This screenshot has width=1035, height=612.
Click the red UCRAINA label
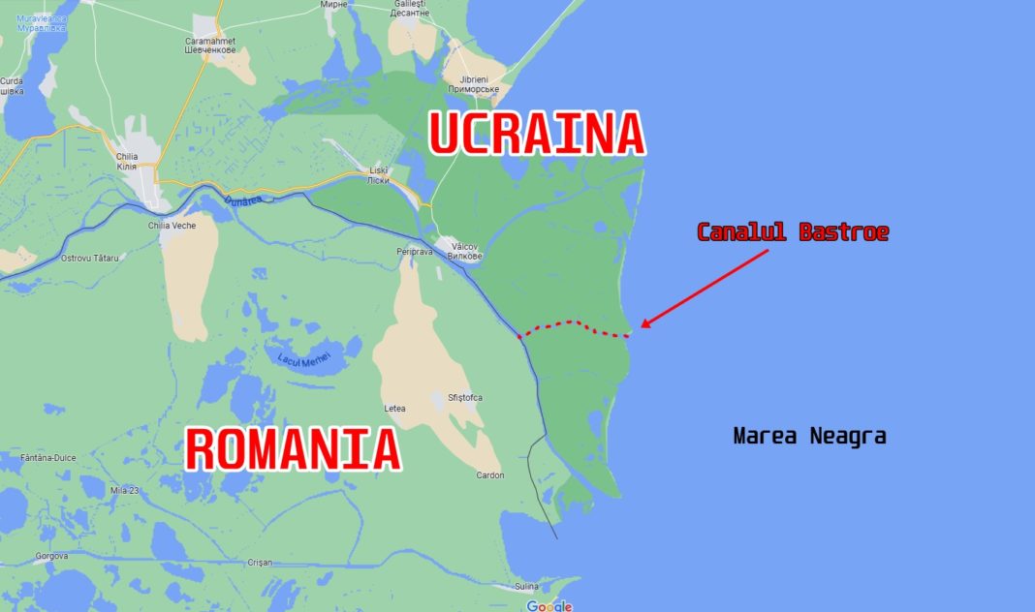(536, 134)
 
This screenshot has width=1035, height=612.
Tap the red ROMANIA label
(293, 450)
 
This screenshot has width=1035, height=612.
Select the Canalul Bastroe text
(793, 232)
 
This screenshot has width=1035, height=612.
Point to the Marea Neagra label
(809, 437)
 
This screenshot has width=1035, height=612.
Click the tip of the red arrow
(641, 327)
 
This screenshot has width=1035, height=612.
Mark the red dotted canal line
(577, 324)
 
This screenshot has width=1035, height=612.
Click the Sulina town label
(525, 587)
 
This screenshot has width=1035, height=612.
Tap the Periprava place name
(414, 252)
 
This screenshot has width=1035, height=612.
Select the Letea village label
(395, 409)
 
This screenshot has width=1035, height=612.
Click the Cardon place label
(490, 475)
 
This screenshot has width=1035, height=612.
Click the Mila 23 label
(126, 490)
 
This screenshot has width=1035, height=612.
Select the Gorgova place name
(50, 557)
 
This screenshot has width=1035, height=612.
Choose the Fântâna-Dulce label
(47, 457)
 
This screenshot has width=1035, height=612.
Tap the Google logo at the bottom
(549, 606)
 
